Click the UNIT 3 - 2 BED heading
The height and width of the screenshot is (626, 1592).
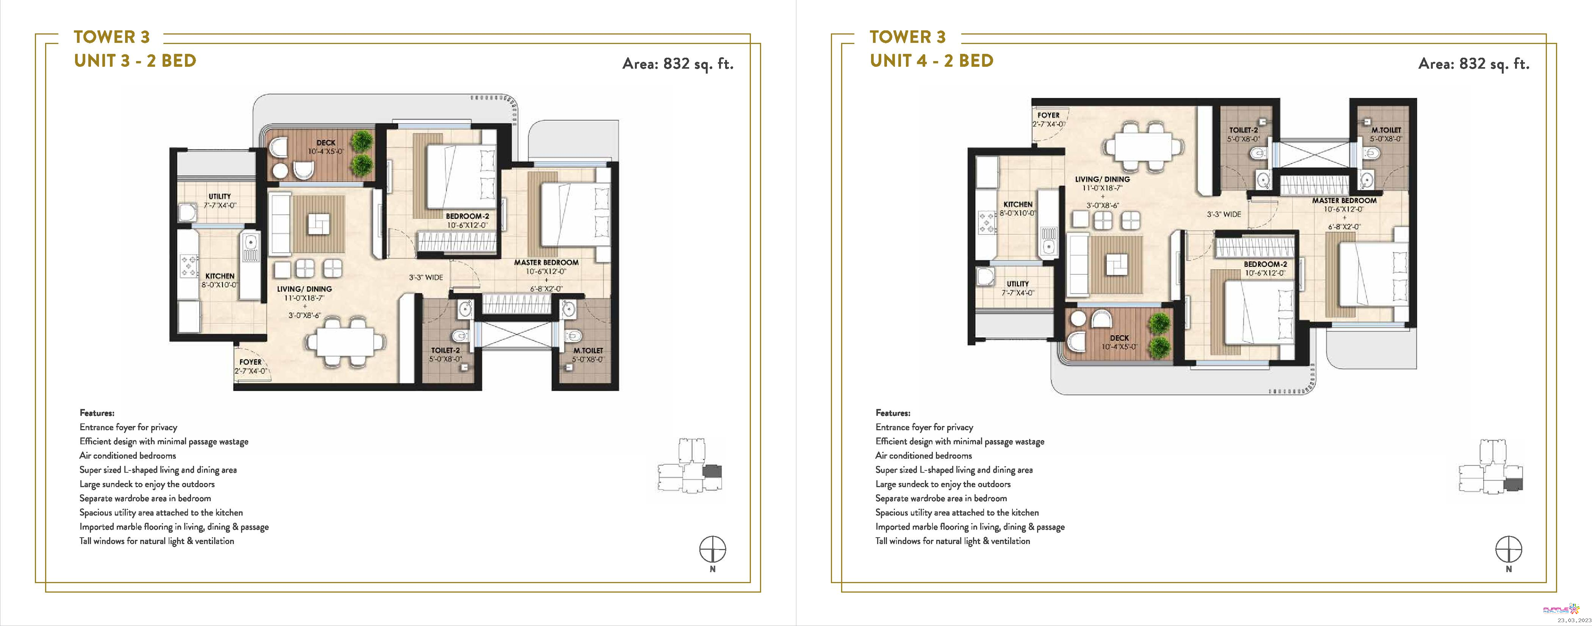click(x=135, y=61)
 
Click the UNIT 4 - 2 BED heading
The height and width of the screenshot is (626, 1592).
click(x=931, y=61)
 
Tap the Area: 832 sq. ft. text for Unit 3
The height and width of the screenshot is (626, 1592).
click(x=677, y=64)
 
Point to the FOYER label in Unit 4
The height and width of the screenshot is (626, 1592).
click(x=1048, y=115)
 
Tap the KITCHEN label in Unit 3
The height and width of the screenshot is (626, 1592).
click(x=220, y=276)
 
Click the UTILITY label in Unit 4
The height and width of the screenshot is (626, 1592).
click(x=1017, y=284)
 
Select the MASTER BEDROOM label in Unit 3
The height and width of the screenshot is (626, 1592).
click(x=546, y=262)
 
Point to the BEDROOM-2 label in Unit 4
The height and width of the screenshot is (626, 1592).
click(x=1265, y=264)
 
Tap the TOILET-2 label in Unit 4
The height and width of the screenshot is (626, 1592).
click(x=1243, y=130)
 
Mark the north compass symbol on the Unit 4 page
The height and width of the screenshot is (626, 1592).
click(x=1508, y=549)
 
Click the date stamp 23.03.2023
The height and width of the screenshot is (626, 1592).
click(x=1573, y=620)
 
